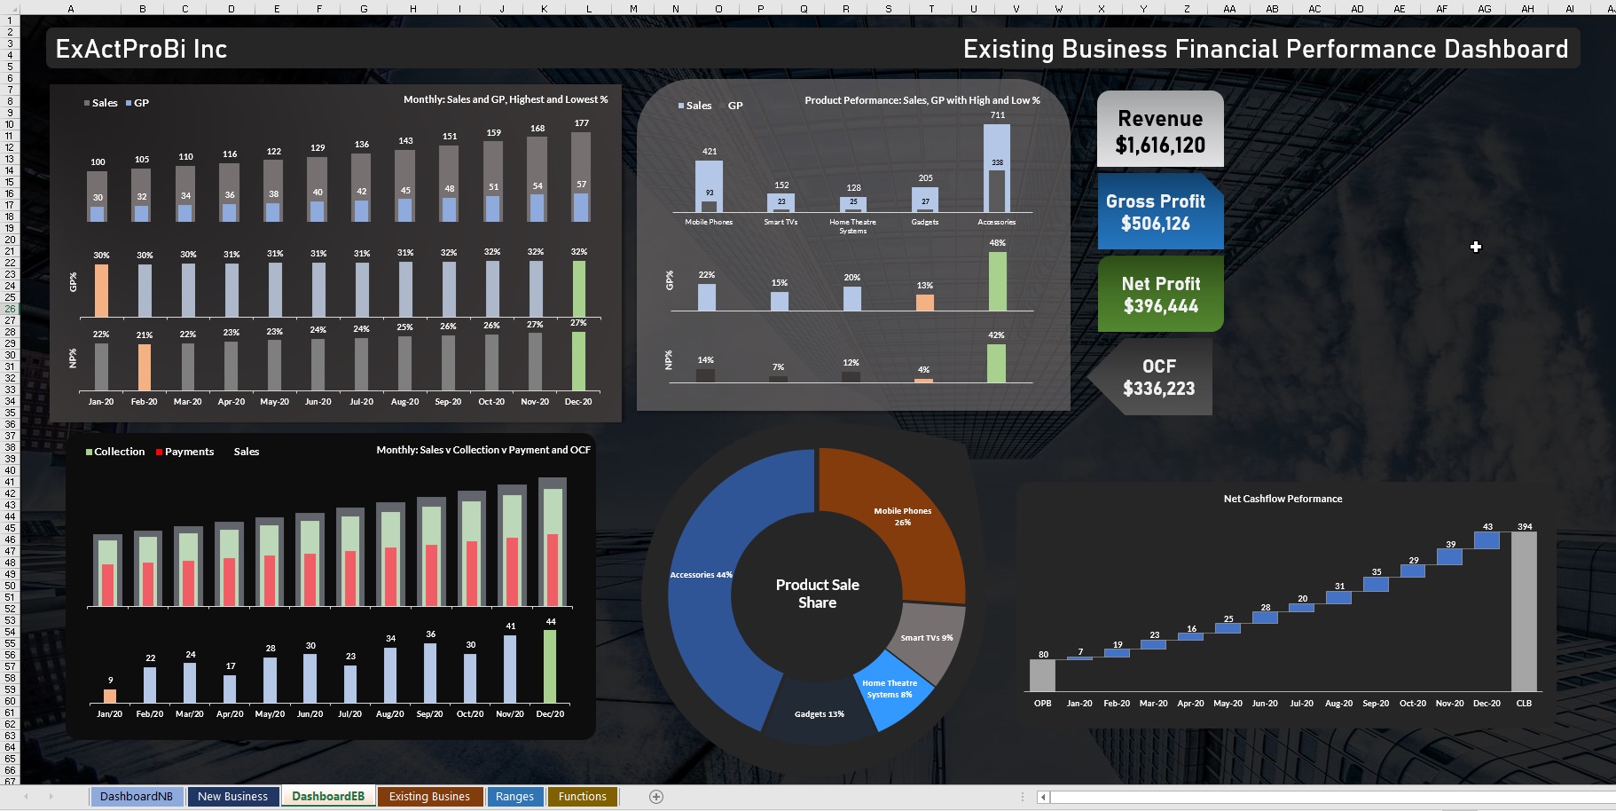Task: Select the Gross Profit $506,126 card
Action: click(1156, 212)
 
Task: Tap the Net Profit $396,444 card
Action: click(1160, 295)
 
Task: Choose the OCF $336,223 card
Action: click(1157, 377)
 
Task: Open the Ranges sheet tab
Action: click(514, 796)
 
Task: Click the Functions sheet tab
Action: click(582, 796)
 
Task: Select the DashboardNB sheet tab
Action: click(136, 796)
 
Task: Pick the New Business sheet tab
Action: click(232, 796)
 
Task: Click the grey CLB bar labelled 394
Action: click(1524, 611)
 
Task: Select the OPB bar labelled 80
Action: click(1042, 675)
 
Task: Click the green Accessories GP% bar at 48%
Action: click(997, 281)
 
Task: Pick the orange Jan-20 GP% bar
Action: click(101, 290)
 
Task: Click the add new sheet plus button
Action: click(656, 797)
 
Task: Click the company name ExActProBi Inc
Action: click(141, 49)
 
